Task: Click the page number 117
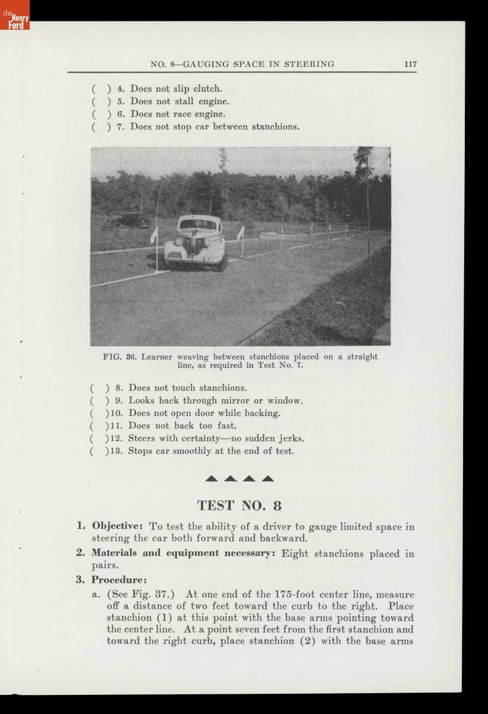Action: coord(410,64)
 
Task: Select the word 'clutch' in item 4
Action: coord(207,89)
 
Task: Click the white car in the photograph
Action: coord(196,243)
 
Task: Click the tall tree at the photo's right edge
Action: coord(364,178)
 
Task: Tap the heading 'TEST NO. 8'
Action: coord(239,506)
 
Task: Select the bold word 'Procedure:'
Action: coord(119,580)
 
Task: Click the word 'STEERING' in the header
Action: coord(309,64)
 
